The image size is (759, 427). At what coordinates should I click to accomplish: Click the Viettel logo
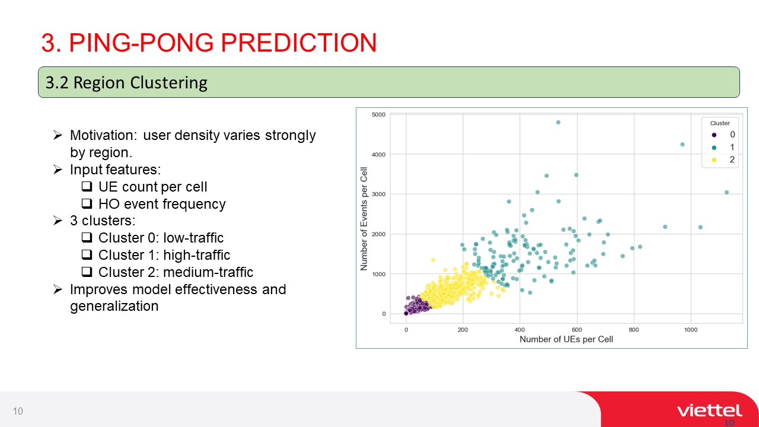pyautogui.click(x=710, y=411)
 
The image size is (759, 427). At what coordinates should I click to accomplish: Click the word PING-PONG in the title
pyautogui.click(x=141, y=43)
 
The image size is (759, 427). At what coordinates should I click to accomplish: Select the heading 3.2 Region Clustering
pyautogui.click(x=126, y=82)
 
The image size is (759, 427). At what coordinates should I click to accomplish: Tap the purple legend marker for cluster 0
pyautogui.click(x=714, y=135)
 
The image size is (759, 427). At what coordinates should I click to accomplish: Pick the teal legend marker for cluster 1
pyautogui.click(x=714, y=148)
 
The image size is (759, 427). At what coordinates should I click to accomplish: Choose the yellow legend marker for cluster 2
pyautogui.click(x=714, y=160)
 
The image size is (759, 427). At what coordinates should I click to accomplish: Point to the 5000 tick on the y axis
pyautogui.click(x=378, y=114)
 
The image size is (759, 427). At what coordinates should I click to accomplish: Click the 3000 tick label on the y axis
pyautogui.click(x=378, y=194)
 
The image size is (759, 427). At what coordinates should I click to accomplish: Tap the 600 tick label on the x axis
pyautogui.click(x=577, y=330)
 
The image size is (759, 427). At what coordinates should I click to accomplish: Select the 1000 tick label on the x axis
pyautogui.click(x=691, y=330)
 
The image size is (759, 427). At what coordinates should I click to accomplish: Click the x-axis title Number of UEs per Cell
pyautogui.click(x=566, y=339)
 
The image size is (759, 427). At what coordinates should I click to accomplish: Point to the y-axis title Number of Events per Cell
pyautogui.click(x=364, y=219)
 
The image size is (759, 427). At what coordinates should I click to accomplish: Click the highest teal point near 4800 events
pyautogui.click(x=558, y=122)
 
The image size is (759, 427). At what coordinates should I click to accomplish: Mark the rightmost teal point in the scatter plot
pyautogui.click(x=726, y=193)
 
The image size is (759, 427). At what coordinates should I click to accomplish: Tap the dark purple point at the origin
pyautogui.click(x=406, y=314)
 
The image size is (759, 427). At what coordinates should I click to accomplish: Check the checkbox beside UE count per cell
pyautogui.click(x=87, y=186)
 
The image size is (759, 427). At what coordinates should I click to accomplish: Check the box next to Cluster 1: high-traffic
pyautogui.click(x=87, y=254)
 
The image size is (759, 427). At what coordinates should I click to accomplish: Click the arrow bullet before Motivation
pyautogui.click(x=58, y=135)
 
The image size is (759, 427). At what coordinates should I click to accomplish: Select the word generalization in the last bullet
pyautogui.click(x=114, y=306)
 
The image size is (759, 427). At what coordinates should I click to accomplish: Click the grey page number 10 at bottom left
pyautogui.click(x=18, y=411)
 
